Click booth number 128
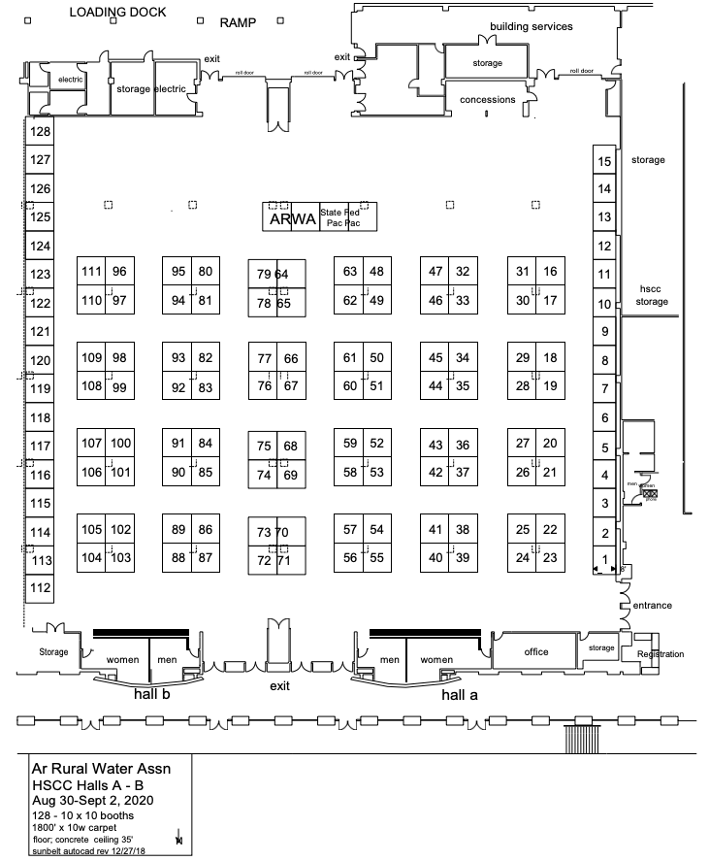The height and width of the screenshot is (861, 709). [40, 132]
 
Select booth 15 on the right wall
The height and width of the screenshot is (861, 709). [605, 162]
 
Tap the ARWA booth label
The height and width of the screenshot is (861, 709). [291, 218]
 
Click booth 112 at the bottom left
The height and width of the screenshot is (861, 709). [40, 588]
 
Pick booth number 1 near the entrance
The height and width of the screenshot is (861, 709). [606, 559]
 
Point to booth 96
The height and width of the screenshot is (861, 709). [119, 272]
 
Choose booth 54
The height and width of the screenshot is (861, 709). [377, 530]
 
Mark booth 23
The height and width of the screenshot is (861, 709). [550, 558]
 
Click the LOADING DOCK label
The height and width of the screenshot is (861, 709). [118, 13]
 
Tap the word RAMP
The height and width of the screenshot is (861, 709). [238, 20]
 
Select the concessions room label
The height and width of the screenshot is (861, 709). [487, 100]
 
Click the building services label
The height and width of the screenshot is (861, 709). [531, 26]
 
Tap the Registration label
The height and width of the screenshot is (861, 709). [660, 654]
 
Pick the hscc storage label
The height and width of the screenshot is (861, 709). [652, 295]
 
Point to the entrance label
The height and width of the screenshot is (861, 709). [652, 606]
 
